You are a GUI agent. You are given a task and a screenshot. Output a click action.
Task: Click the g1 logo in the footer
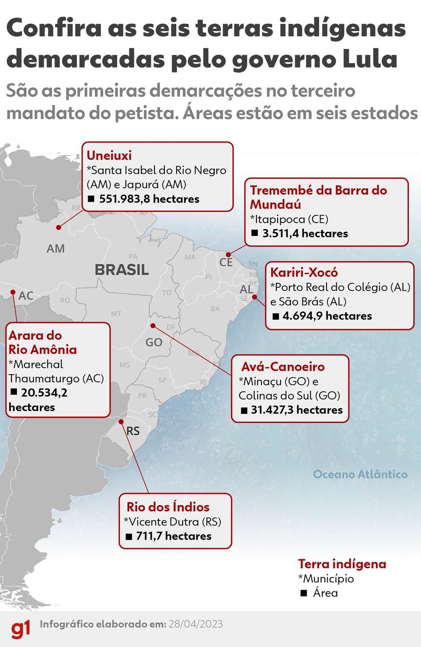point(21,629)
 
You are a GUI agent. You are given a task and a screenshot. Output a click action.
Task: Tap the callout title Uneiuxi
point(109,155)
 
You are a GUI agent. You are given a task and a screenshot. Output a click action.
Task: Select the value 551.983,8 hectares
point(149,199)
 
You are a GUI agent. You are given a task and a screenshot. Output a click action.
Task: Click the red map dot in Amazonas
point(59,227)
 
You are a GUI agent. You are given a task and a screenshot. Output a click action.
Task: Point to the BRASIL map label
point(122,270)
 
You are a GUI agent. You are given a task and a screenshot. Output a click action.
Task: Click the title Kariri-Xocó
point(304,272)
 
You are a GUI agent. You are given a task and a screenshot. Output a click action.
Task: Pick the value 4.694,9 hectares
point(327,316)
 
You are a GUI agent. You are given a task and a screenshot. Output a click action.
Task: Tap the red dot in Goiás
point(153,326)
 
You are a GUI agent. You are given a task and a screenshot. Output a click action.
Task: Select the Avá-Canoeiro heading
point(283,367)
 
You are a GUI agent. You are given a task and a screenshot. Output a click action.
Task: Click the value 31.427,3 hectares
point(296,410)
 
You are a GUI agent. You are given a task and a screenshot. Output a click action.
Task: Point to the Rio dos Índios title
point(168,507)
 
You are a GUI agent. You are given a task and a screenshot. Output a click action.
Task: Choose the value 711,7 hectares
point(174,536)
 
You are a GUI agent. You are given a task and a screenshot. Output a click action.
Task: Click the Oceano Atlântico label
point(360,474)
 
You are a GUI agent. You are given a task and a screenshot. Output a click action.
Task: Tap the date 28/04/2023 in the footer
point(196,624)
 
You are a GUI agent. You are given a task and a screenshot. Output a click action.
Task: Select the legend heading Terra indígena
point(342,564)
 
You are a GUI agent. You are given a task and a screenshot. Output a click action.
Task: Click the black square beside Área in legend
point(304,593)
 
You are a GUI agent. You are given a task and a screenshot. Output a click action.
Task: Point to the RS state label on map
point(133,431)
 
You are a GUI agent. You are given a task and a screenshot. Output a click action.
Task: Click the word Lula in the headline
point(371,59)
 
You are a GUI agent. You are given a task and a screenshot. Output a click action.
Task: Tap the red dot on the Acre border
point(12,293)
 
